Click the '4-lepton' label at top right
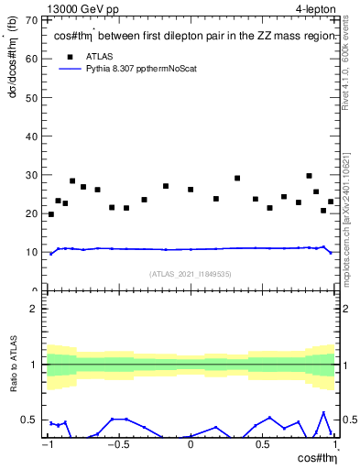(x=316, y=8)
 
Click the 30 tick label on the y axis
(x=33, y=175)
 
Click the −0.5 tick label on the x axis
(x=116, y=445)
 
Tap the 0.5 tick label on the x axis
(x=262, y=445)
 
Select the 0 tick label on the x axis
(x=191, y=445)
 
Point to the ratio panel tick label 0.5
(x=32, y=420)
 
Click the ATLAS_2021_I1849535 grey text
(x=190, y=273)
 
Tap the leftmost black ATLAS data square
(x=51, y=214)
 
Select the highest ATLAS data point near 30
(x=309, y=176)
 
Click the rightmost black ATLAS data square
(x=331, y=202)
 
